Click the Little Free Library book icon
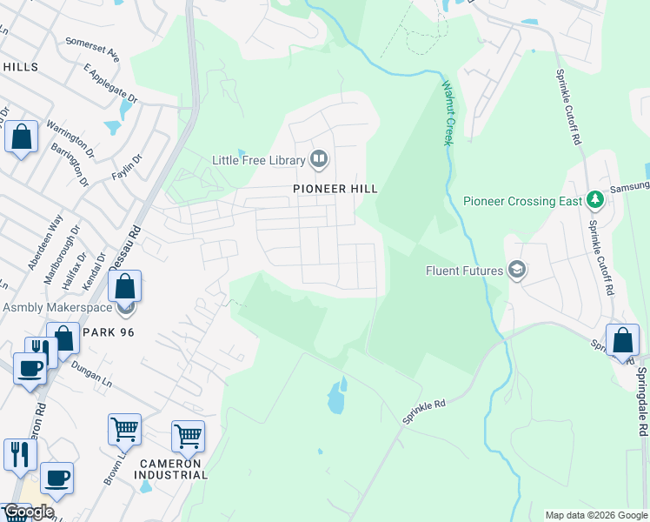319,159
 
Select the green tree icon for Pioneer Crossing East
595,201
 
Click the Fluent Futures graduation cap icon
517,271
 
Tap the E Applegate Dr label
110,84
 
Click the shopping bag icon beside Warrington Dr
21,137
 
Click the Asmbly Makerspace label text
57,307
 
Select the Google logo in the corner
28,512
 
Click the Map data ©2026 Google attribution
595,515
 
